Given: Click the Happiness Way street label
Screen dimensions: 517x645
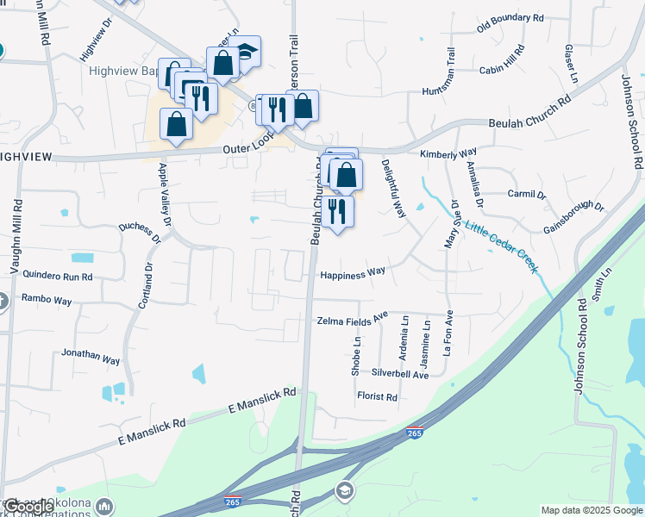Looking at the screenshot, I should coord(352,275).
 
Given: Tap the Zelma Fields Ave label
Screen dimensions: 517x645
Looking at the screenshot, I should coord(353,320).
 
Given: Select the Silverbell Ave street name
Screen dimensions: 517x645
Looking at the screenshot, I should coord(399,375).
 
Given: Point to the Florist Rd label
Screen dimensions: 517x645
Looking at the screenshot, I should coord(377,397).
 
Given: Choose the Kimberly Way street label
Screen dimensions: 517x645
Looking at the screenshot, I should coord(448,153).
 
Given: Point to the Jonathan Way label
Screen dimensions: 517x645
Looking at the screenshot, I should coord(91,356).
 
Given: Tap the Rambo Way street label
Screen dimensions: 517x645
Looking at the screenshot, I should coord(47,301).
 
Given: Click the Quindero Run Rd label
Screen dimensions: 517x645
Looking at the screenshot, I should coord(57,277).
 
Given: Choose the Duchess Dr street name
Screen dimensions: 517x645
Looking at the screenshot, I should coord(143,232).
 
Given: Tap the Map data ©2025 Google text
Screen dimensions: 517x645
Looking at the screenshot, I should coord(591,510).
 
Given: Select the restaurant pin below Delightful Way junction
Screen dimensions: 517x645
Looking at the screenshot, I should coord(336,211).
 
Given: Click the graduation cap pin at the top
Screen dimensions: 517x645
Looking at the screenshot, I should coord(245,52).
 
